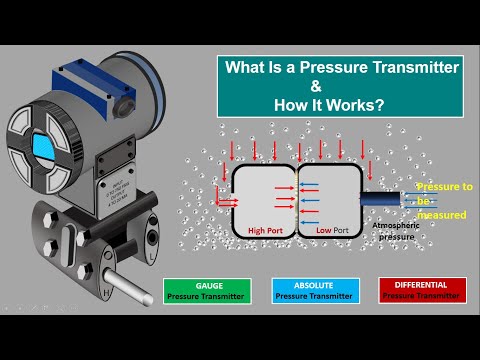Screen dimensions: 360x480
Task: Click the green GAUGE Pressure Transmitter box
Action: click(x=210, y=291)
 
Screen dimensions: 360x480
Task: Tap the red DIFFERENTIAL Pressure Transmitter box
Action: click(x=420, y=291)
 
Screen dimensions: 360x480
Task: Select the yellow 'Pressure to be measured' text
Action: click(x=442, y=200)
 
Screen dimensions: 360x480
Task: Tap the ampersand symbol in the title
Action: click(x=341, y=86)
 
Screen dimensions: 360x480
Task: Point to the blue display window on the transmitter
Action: click(x=43, y=144)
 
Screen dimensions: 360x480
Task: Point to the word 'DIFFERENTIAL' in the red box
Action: click(x=420, y=285)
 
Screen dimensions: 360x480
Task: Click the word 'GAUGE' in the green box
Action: click(x=210, y=285)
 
